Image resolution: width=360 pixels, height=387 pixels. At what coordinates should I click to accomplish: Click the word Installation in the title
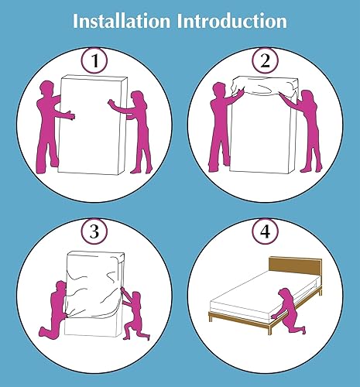[x=122, y=21]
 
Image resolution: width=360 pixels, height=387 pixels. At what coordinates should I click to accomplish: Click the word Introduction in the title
[x=232, y=21]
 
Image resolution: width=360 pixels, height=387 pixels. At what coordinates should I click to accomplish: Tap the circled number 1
[x=94, y=61]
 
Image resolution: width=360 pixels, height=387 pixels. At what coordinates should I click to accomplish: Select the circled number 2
[x=266, y=61]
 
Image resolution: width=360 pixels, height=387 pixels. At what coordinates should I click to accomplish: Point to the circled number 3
[x=94, y=231]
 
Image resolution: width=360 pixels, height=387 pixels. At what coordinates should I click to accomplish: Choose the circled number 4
[x=266, y=231]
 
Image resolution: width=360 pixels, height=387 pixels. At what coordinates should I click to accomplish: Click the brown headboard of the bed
[x=296, y=267]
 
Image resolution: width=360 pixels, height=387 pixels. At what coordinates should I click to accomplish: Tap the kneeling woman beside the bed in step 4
[x=289, y=311]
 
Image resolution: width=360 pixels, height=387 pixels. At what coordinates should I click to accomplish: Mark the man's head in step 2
[x=220, y=90]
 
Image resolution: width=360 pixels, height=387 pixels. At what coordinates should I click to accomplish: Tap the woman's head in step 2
[x=307, y=98]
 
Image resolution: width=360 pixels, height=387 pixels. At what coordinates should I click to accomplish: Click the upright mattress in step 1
[x=91, y=125]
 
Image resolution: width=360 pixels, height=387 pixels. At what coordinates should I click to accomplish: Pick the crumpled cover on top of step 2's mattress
[x=265, y=87]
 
